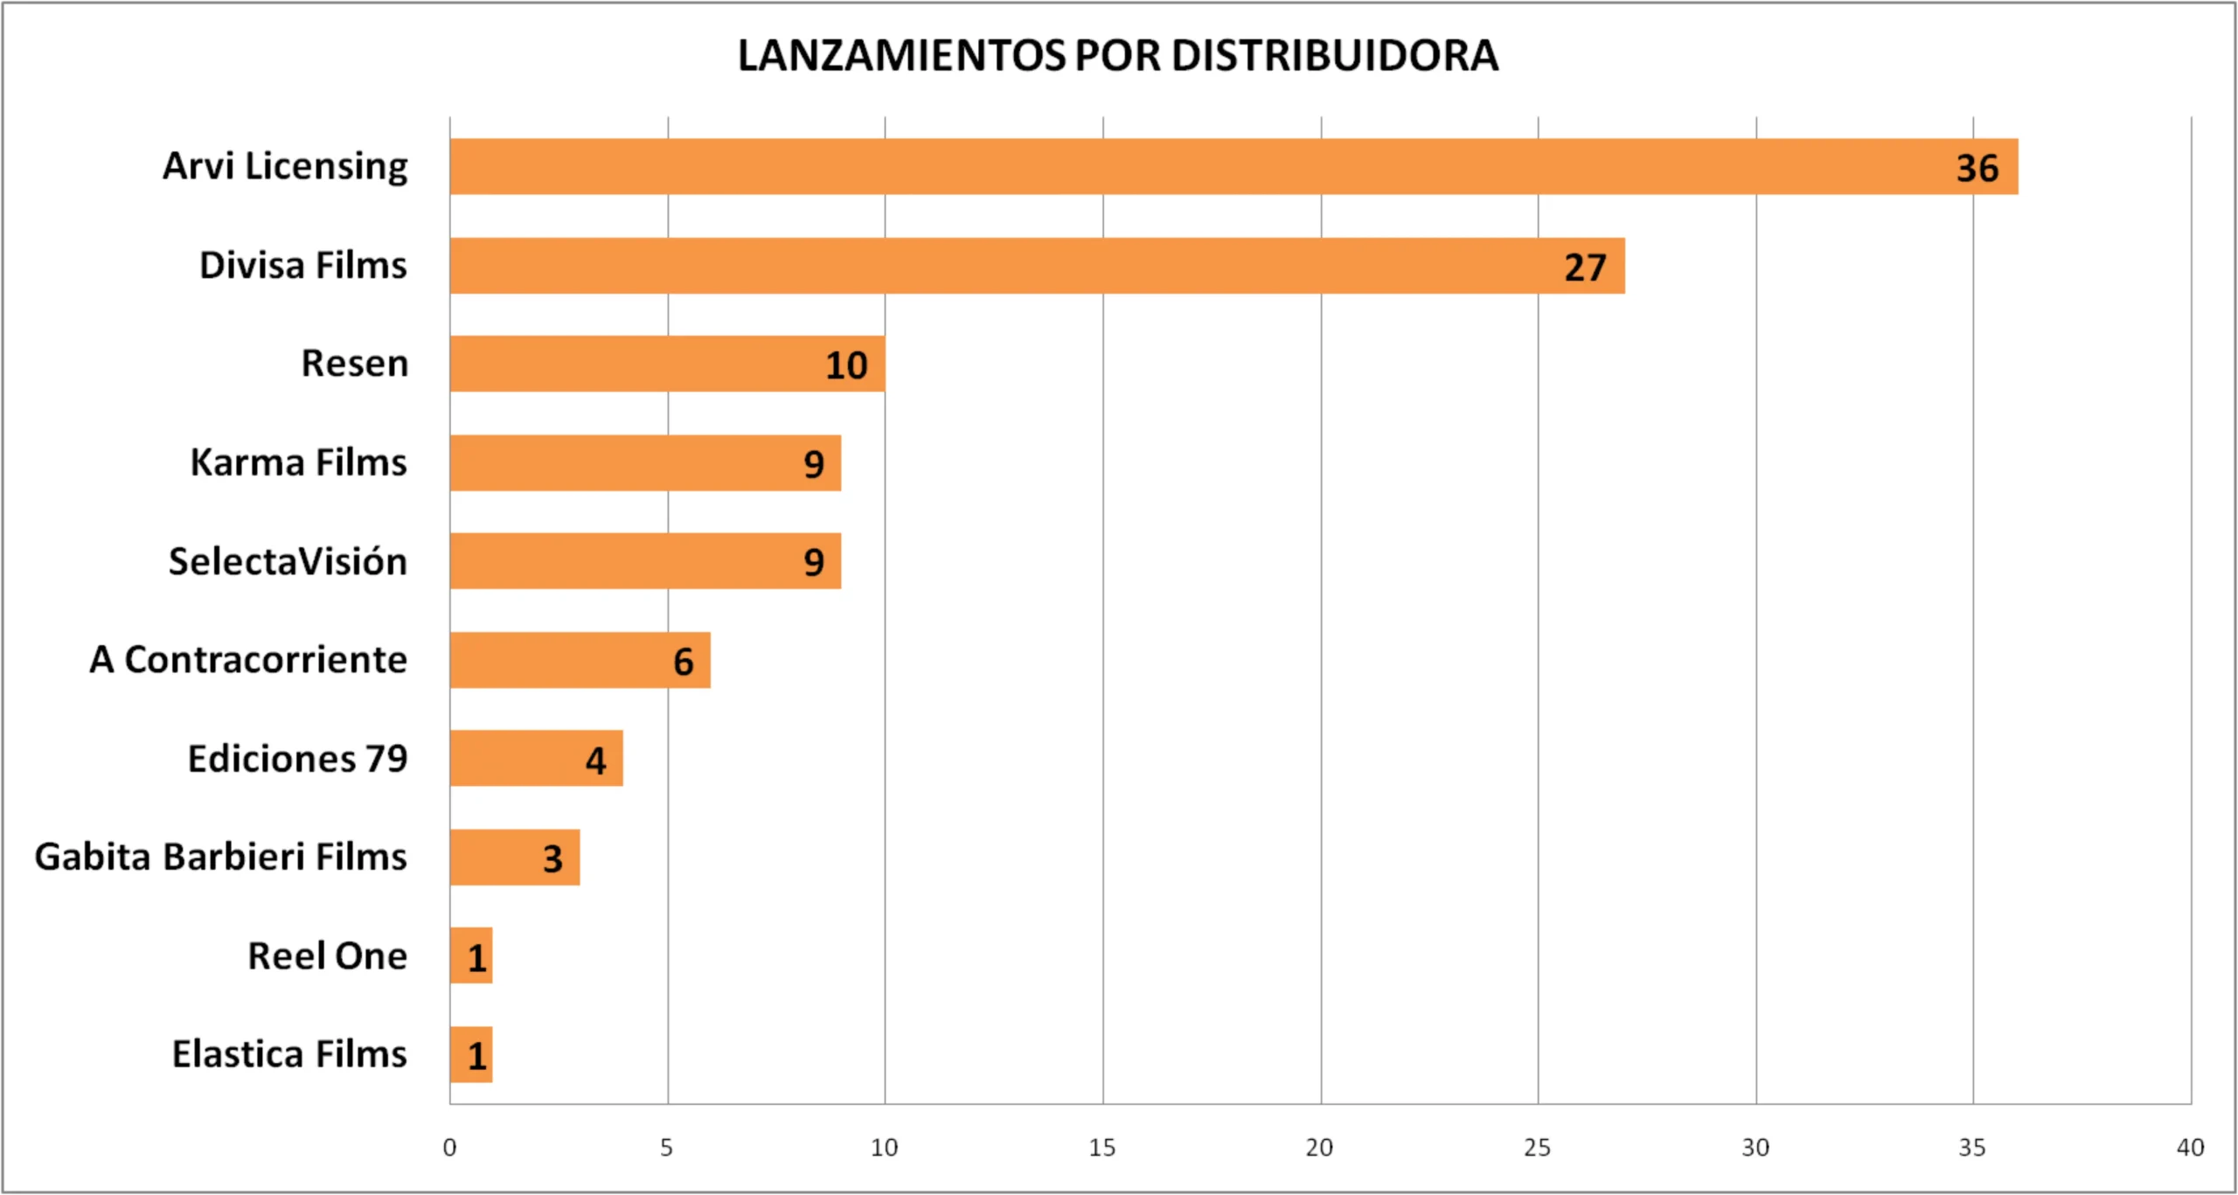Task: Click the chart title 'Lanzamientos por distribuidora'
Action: (1118, 56)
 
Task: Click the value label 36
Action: (1977, 168)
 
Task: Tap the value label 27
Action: (1585, 267)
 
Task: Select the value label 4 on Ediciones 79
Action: (595, 761)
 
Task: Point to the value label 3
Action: (553, 858)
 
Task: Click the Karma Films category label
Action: (299, 462)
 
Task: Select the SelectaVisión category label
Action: (288, 561)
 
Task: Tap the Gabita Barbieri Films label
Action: (221, 857)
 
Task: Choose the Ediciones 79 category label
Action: (298, 759)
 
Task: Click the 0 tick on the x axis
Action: (449, 1147)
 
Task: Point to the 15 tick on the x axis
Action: (1102, 1147)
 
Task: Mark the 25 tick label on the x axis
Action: (1537, 1147)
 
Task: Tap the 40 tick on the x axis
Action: (2190, 1147)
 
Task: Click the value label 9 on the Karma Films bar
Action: (814, 464)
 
